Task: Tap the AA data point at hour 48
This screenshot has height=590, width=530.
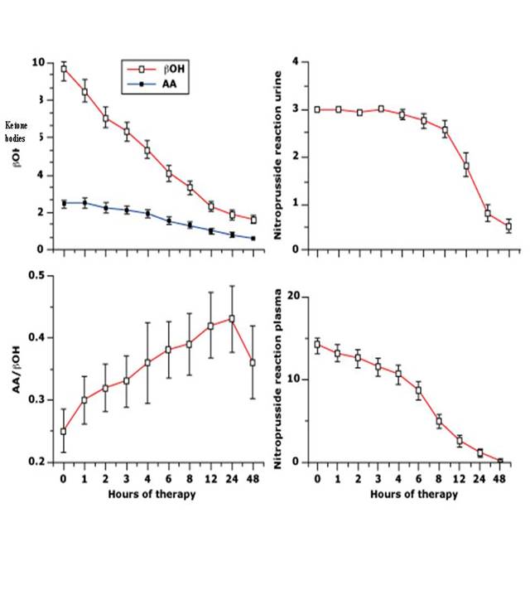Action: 253,239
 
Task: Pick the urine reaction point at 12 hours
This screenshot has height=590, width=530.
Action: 466,166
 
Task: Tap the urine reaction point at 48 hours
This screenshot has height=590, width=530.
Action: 508,226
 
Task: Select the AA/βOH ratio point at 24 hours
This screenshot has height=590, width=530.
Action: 232,318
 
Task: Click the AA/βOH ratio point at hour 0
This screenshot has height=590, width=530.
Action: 64,431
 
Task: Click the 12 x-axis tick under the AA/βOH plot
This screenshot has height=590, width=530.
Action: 211,478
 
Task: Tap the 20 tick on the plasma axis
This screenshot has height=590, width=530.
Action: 301,297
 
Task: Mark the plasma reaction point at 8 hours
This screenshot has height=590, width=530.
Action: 439,421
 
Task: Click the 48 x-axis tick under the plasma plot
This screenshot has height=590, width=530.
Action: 501,478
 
